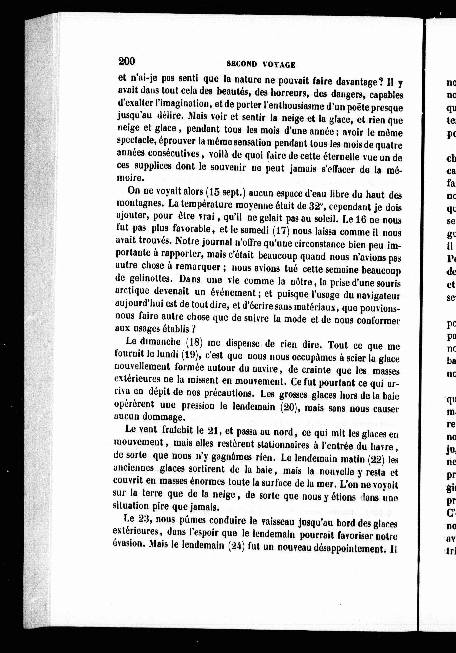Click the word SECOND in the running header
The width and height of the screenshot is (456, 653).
pos(242,64)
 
